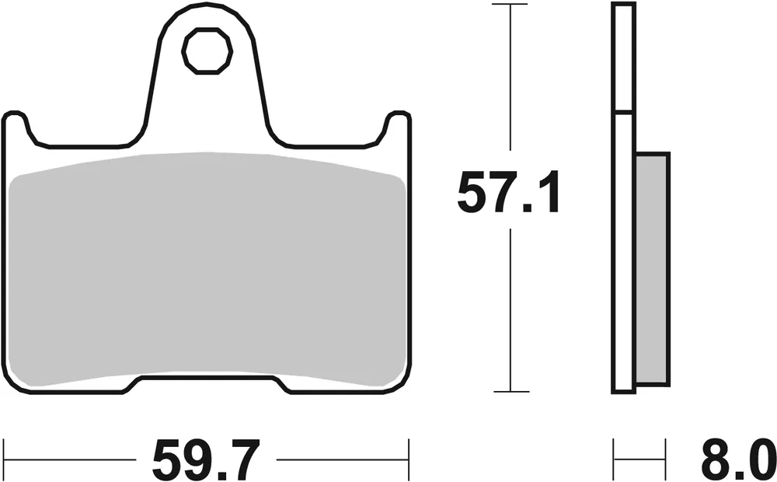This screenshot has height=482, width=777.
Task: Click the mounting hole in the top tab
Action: coord(207,51)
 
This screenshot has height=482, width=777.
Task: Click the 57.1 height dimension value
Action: coord(509,194)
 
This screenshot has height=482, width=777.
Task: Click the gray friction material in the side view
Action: coord(651,268)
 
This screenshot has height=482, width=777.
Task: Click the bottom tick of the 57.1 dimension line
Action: coord(509,392)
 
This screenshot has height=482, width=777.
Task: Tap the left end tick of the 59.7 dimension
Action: coord(5,451)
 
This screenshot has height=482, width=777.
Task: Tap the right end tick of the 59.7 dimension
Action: coord(409,451)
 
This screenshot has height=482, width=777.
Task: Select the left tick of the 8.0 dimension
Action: coord(615,451)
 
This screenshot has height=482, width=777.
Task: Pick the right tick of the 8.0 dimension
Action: coord(666,451)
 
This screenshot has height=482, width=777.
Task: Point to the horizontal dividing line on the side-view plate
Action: coord(624,111)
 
